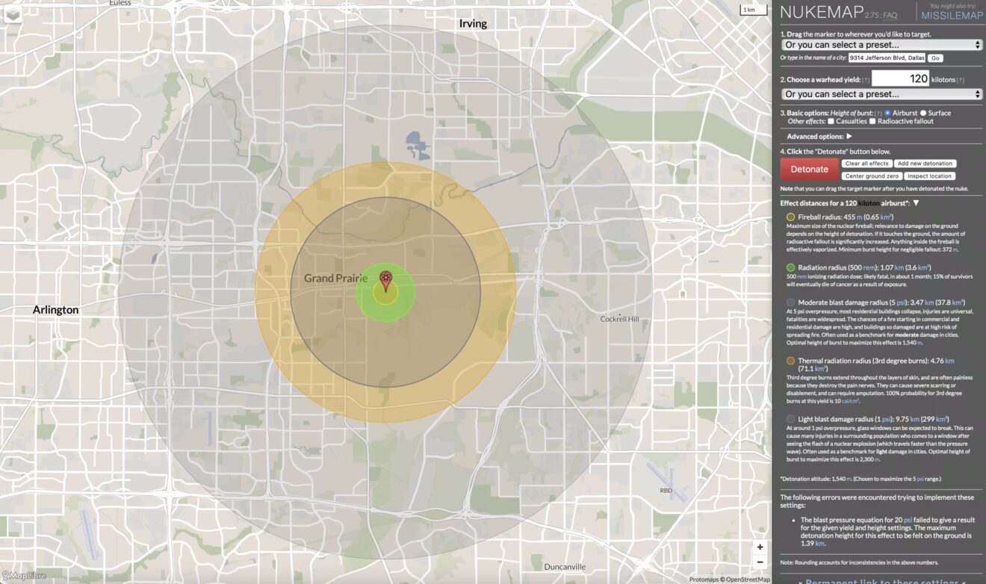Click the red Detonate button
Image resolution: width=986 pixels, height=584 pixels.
[809, 169]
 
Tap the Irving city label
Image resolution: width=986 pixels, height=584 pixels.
[473, 24]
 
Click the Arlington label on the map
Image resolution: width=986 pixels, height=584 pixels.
[55, 309]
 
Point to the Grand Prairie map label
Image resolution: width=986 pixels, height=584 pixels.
[335, 279]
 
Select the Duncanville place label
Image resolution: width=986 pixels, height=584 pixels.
[565, 566]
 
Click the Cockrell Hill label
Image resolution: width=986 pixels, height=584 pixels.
[620, 319]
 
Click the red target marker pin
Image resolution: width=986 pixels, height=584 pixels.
[385, 280]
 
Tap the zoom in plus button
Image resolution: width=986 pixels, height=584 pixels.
[760, 547]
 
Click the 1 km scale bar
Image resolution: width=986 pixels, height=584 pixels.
[749, 10]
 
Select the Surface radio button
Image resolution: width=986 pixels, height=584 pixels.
[924, 113]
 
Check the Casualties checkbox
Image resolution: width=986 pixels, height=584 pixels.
[831, 121]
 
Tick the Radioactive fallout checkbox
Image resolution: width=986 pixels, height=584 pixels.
[872, 121]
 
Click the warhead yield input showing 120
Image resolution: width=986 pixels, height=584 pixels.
[902, 78]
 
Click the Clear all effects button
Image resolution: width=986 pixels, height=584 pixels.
[866, 164]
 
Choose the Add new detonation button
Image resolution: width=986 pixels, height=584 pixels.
[925, 164]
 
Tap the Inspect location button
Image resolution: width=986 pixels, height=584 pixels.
[929, 176]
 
